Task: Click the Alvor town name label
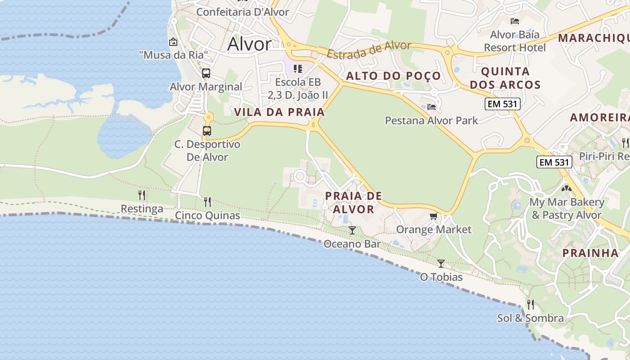tap(249, 44)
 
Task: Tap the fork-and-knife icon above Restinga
tap(142, 195)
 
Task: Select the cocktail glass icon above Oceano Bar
tap(352, 230)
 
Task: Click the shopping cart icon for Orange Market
tap(433, 216)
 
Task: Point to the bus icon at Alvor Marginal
tap(206, 73)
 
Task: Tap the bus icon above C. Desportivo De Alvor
tap(207, 131)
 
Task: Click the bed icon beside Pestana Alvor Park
tap(432, 107)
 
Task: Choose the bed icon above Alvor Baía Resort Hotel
tap(515, 21)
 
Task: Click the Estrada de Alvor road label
tap(369, 49)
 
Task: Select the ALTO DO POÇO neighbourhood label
tap(393, 76)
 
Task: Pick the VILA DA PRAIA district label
tap(279, 112)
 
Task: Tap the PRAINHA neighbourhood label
tap(590, 253)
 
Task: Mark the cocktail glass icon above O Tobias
tap(441, 263)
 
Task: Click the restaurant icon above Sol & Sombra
tap(531, 305)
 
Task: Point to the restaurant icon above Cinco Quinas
tap(207, 202)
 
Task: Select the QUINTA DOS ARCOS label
tap(505, 78)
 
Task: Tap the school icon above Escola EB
tap(298, 69)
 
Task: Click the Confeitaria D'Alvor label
tap(243, 12)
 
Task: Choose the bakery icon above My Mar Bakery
tap(567, 189)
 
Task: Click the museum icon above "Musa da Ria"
tap(173, 42)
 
